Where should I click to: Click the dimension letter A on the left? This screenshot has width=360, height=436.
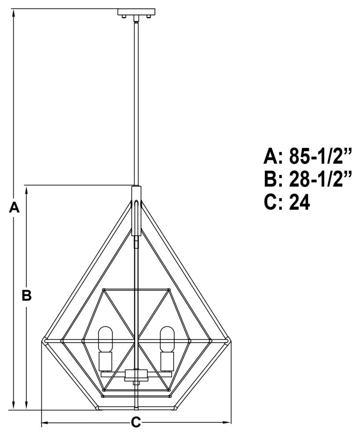[15, 207]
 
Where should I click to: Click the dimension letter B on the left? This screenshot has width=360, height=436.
[27, 296]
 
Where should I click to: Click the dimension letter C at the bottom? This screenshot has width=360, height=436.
[136, 422]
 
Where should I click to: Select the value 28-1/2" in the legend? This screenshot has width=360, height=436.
[321, 179]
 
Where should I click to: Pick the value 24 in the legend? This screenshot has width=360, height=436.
[300, 203]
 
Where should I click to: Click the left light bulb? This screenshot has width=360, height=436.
[106, 339]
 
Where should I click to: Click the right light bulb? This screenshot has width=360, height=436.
[167, 339]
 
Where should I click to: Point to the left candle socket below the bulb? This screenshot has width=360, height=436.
[106, 361]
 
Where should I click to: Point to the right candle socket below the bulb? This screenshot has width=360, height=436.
[167, 361]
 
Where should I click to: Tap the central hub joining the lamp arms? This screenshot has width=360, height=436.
[136, 375]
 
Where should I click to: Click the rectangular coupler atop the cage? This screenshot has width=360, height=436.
[136, 209]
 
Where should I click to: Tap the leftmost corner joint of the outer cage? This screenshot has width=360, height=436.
[44, 341]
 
